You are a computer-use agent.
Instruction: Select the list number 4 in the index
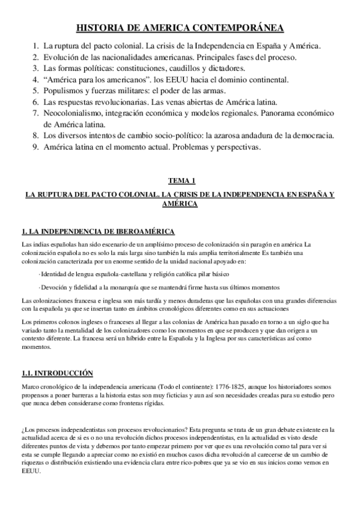tap(34, 79)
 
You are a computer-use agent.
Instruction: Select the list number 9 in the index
tap(34, 147)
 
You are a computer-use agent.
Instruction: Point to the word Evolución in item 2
tap(61, 57)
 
